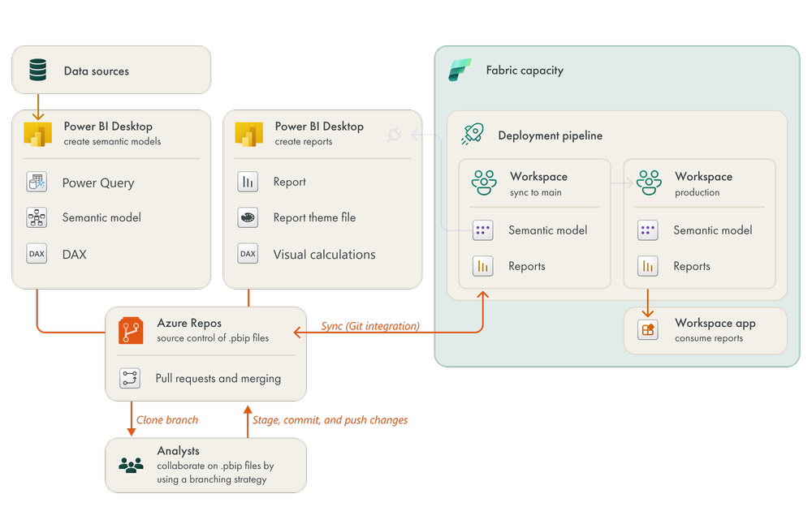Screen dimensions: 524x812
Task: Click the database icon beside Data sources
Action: [x=37, y=71]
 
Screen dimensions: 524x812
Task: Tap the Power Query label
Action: [x=98, y=183]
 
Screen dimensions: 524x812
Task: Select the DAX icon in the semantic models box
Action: [x=37, y=254]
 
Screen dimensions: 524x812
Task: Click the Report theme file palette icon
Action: [x=248, y=217]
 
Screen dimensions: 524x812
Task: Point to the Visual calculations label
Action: [x=324, y=254]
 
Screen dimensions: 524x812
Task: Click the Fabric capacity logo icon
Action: [x=460, y=71]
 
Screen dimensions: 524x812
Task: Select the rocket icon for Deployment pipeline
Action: [x=473, y=135]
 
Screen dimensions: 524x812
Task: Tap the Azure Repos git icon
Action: [x=131, y=330]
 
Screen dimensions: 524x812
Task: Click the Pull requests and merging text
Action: [x=218, y=378]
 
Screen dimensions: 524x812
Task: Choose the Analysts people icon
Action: [x=131, y=465]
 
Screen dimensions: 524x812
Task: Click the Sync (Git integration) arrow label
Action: [x=370, y=326]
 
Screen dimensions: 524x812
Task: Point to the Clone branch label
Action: [x=167, y=420]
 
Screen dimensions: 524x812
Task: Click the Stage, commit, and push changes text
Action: [x=330, y=420]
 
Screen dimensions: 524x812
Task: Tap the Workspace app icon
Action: [x=648, y=330]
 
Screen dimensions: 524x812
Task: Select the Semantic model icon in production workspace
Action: [x=647, y=230]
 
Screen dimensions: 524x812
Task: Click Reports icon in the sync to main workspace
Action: [x=483, y=266]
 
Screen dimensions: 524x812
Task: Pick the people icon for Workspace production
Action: [x=649, y=183]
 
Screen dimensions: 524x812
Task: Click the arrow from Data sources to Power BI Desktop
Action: [x=37, y=106]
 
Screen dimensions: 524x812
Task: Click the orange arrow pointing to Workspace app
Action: [x=648, y=303]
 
